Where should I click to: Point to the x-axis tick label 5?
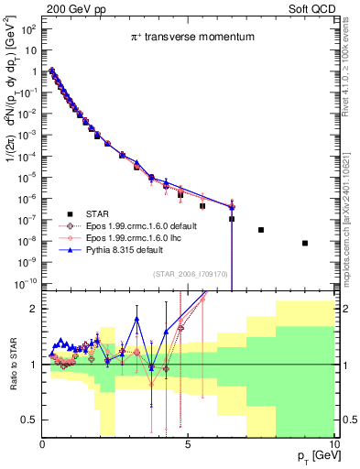pyautogui.click(x=187, y=444)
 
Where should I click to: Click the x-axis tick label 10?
pyautogui.click(x=333, y=444)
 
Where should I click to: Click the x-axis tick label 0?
pyautogui.click(x=42, y=444)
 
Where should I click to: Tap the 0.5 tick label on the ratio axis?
pyautogui.click(x=28, y=420)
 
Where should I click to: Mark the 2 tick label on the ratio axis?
pyautogui.click(x=33, y=309)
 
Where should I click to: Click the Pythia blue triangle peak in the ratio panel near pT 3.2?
pyautogui.click(x=136, y=319)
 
